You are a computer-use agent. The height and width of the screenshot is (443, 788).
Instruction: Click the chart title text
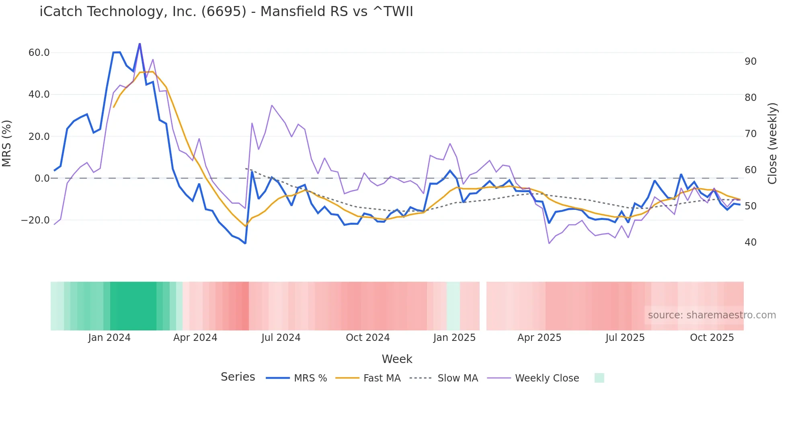pos(226,11)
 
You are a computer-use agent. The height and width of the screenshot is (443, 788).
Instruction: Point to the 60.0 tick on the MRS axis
pos(39,53)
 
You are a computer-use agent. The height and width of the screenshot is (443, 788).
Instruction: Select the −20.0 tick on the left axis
pos(35,220)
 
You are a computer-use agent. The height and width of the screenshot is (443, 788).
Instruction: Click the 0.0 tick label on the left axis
pos(42,178)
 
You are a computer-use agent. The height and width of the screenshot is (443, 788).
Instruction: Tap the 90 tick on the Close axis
pos(750,62)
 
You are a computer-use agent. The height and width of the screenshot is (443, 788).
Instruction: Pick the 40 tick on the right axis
pos(750,242)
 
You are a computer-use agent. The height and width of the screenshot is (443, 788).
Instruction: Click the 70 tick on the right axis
pos(750,134)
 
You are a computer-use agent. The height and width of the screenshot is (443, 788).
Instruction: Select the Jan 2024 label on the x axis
pos(109,338)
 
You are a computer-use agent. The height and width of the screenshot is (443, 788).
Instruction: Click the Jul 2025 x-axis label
pos(625,338)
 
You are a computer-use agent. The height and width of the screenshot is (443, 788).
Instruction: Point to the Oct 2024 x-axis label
pos(367,338)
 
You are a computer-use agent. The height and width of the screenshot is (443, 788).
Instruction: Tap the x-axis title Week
pos(397,359)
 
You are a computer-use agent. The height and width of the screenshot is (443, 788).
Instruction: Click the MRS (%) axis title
pos(7,143)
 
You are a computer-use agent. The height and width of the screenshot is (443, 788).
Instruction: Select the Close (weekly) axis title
pos(772,143)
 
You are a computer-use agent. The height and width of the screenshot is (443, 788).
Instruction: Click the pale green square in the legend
pos(599,378)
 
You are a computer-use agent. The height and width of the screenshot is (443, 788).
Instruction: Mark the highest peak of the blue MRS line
pos(140,44)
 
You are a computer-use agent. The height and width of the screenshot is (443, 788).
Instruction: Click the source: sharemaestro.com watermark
pos(712,315)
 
